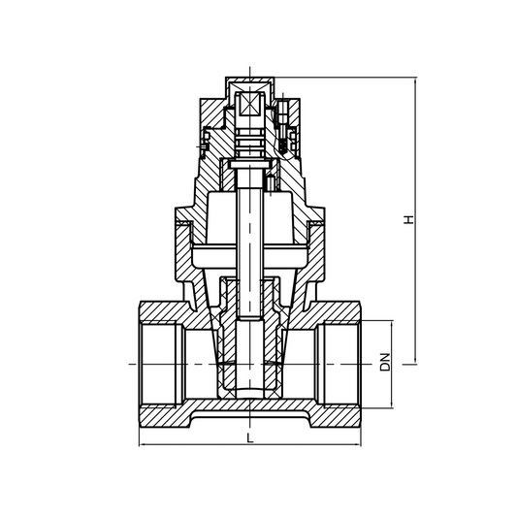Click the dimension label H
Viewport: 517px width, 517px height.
pyautogui.click(x=410, y=221)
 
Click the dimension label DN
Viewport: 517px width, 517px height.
pyautogui.click(x=385, y=362)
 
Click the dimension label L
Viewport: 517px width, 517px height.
pyautogui.click(x=250, y=438)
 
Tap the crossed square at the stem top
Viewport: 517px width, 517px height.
pyautogui.click(x=251, y=103)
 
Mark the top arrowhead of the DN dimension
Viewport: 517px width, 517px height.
pyautogui.click(x=393, y=324)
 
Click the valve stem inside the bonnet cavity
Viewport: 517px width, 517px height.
pyautogui.click(x=250, y=223)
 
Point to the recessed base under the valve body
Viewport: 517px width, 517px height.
pyautogui.click(x=250, y=418)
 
